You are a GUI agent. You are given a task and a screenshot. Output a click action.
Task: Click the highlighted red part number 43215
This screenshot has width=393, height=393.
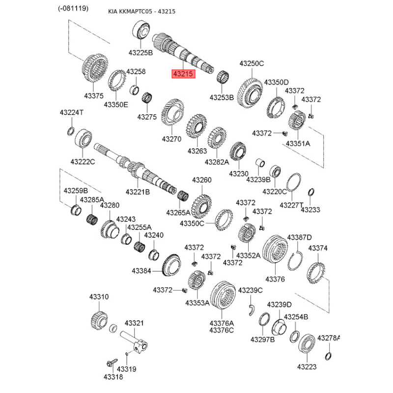click(183, 74)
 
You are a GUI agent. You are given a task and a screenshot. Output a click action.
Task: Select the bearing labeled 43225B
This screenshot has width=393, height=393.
click(141, 30)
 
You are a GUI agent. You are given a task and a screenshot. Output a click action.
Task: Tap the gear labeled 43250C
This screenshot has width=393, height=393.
click(250, 93)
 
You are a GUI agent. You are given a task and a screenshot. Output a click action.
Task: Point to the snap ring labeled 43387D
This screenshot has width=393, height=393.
click(295, 261)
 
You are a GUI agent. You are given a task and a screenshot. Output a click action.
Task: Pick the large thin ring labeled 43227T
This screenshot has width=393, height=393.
click(293, 182)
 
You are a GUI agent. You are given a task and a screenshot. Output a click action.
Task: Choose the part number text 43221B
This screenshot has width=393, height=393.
click(138, 192)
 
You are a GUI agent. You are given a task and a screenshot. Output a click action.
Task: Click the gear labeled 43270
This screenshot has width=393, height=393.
click(172, 112)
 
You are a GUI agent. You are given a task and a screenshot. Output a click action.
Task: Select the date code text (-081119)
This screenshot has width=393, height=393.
click(73, 8)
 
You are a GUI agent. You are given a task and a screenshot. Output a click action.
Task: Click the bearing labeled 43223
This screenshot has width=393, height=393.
click(307, 343)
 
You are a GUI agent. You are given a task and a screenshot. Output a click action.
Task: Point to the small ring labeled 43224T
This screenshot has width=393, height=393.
click(71, 131)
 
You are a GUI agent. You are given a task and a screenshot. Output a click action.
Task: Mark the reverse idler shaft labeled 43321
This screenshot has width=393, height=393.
click(134, 341)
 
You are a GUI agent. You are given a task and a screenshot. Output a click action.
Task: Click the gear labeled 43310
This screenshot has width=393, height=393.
click(99, 320)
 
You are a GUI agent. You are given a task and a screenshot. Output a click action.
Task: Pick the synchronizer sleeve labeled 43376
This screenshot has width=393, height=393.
click(275, 249)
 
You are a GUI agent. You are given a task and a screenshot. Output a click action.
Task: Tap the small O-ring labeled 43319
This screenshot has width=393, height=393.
click(127, 354)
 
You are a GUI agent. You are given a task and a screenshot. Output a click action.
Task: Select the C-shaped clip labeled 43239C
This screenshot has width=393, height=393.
click(252, 310)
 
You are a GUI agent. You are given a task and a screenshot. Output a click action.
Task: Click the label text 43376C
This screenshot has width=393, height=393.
click(222, 330)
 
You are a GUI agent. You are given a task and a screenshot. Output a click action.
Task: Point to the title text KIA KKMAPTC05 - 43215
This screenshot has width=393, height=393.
click(141, 11)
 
